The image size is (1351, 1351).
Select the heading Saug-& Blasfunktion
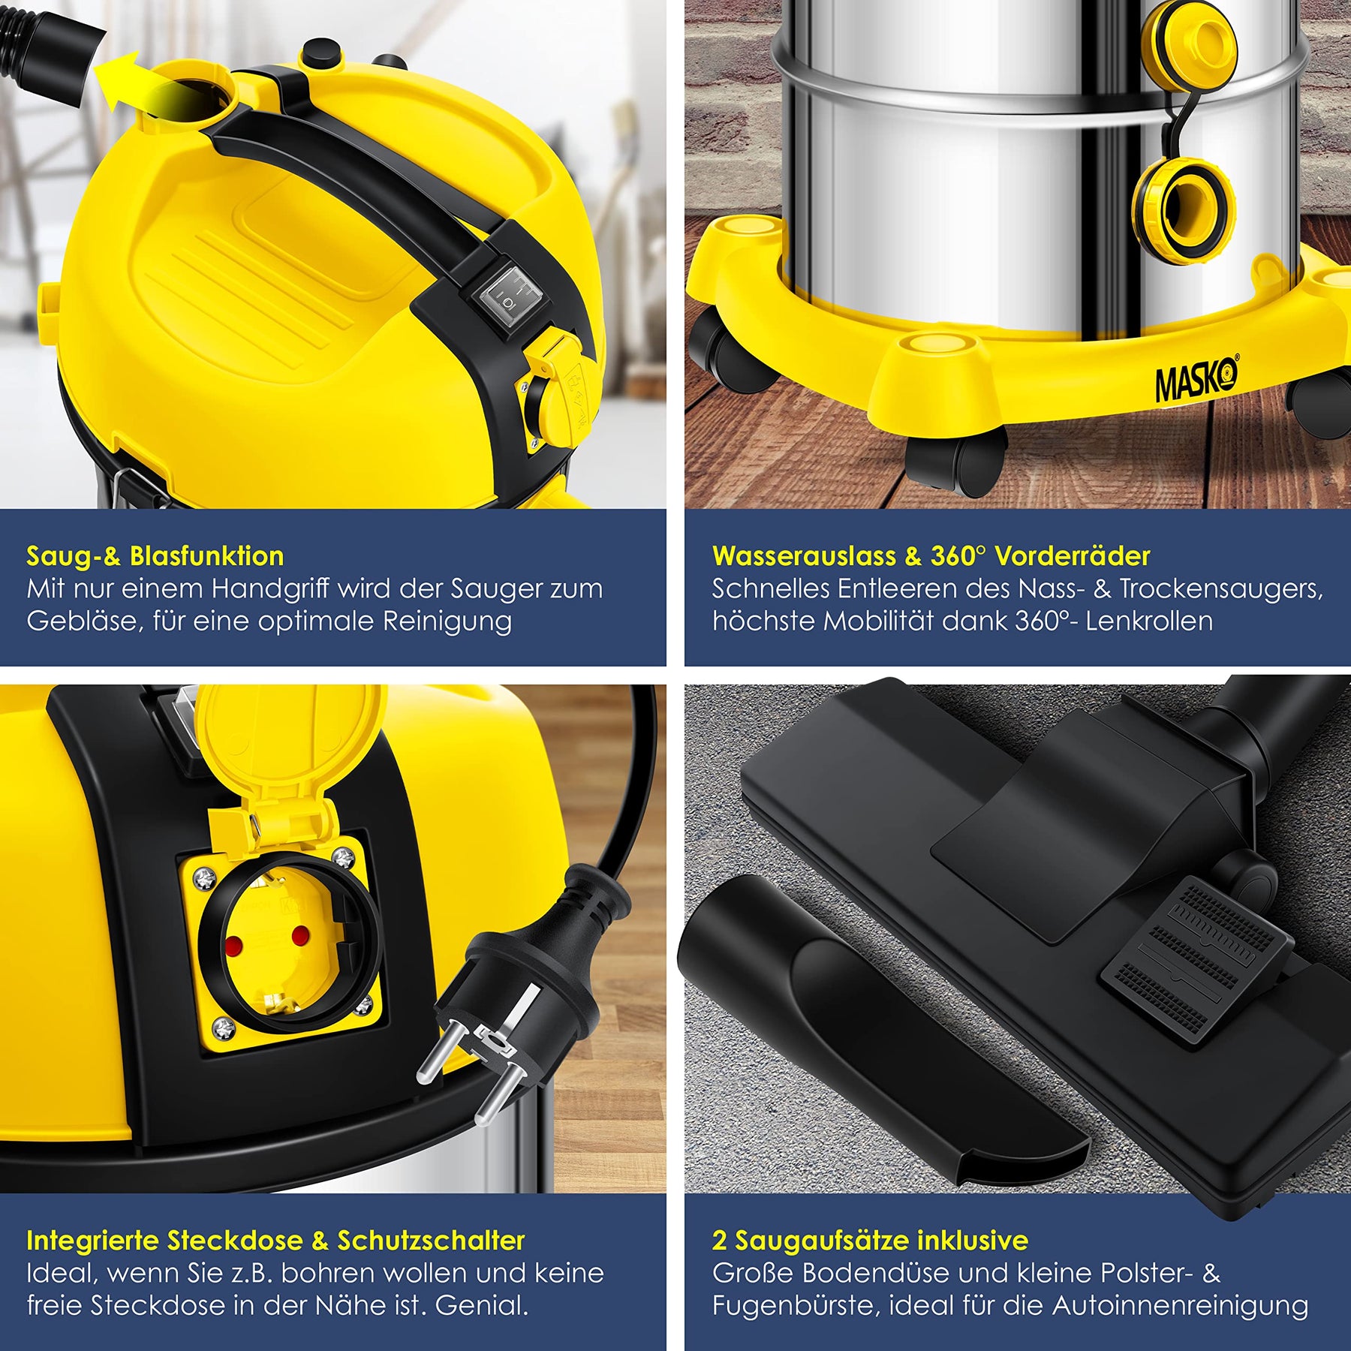point(155,556)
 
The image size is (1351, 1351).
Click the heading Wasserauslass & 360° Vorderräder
point(931,556)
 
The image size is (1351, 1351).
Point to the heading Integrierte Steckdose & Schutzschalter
point(275,1241)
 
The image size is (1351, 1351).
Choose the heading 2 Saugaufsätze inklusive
point(870,1241)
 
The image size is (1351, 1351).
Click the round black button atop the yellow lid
point(319,54)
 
